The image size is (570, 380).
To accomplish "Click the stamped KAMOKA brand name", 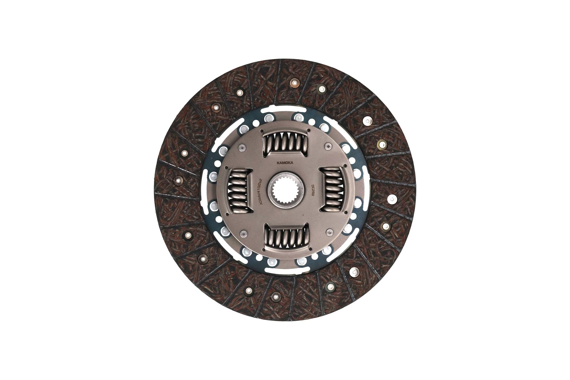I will click(285, 163).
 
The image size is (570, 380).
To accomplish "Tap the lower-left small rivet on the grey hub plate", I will click(243, 233).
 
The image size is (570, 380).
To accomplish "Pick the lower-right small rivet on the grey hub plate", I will click(330, 232).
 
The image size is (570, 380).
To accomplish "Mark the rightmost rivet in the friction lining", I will click(392, 199).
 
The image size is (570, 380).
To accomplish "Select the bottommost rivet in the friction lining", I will click(275, 297).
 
